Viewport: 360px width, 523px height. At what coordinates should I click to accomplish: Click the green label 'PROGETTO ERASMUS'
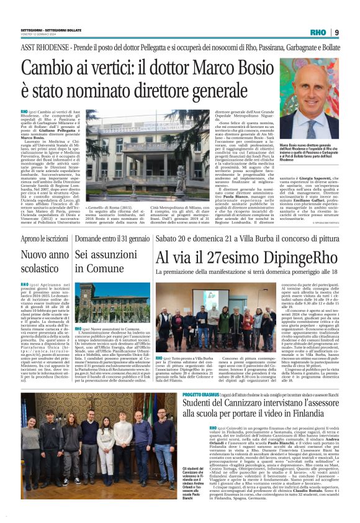click(x=183, y=394)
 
